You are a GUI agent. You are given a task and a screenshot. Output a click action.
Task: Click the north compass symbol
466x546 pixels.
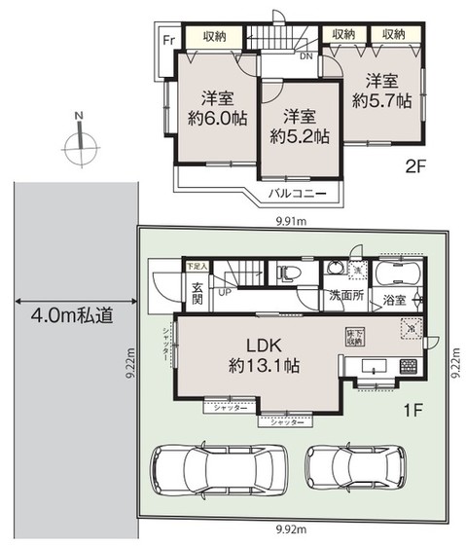point(79,147)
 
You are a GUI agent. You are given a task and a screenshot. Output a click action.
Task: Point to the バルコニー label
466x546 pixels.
point(297,194)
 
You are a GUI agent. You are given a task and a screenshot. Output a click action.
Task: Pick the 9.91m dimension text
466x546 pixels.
point(289,221)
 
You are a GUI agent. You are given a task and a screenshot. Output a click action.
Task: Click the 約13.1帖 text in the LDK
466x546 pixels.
point(263,367)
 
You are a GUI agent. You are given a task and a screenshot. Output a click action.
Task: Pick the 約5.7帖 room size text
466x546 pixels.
point(382,100)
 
